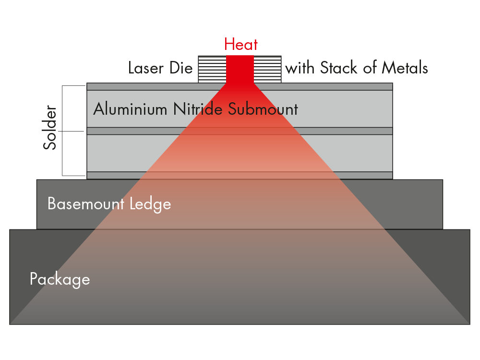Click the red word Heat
click(240, 45)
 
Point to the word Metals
click(404, 68)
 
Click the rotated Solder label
click(50, 128)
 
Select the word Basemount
click(86, 204)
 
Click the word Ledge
click(150, 204)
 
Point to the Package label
click(60, 279)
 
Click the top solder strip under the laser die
click(144, 86)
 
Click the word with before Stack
click(300, 68)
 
